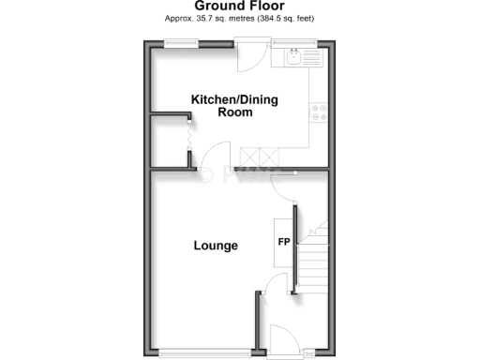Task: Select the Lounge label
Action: click(x=216, y=246)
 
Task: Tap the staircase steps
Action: click(x=315, y=257)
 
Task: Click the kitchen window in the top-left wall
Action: click(x=180, y=41)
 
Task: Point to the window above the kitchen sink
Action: click(x=298, y=41)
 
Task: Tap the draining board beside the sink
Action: click(x=311, y=56)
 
